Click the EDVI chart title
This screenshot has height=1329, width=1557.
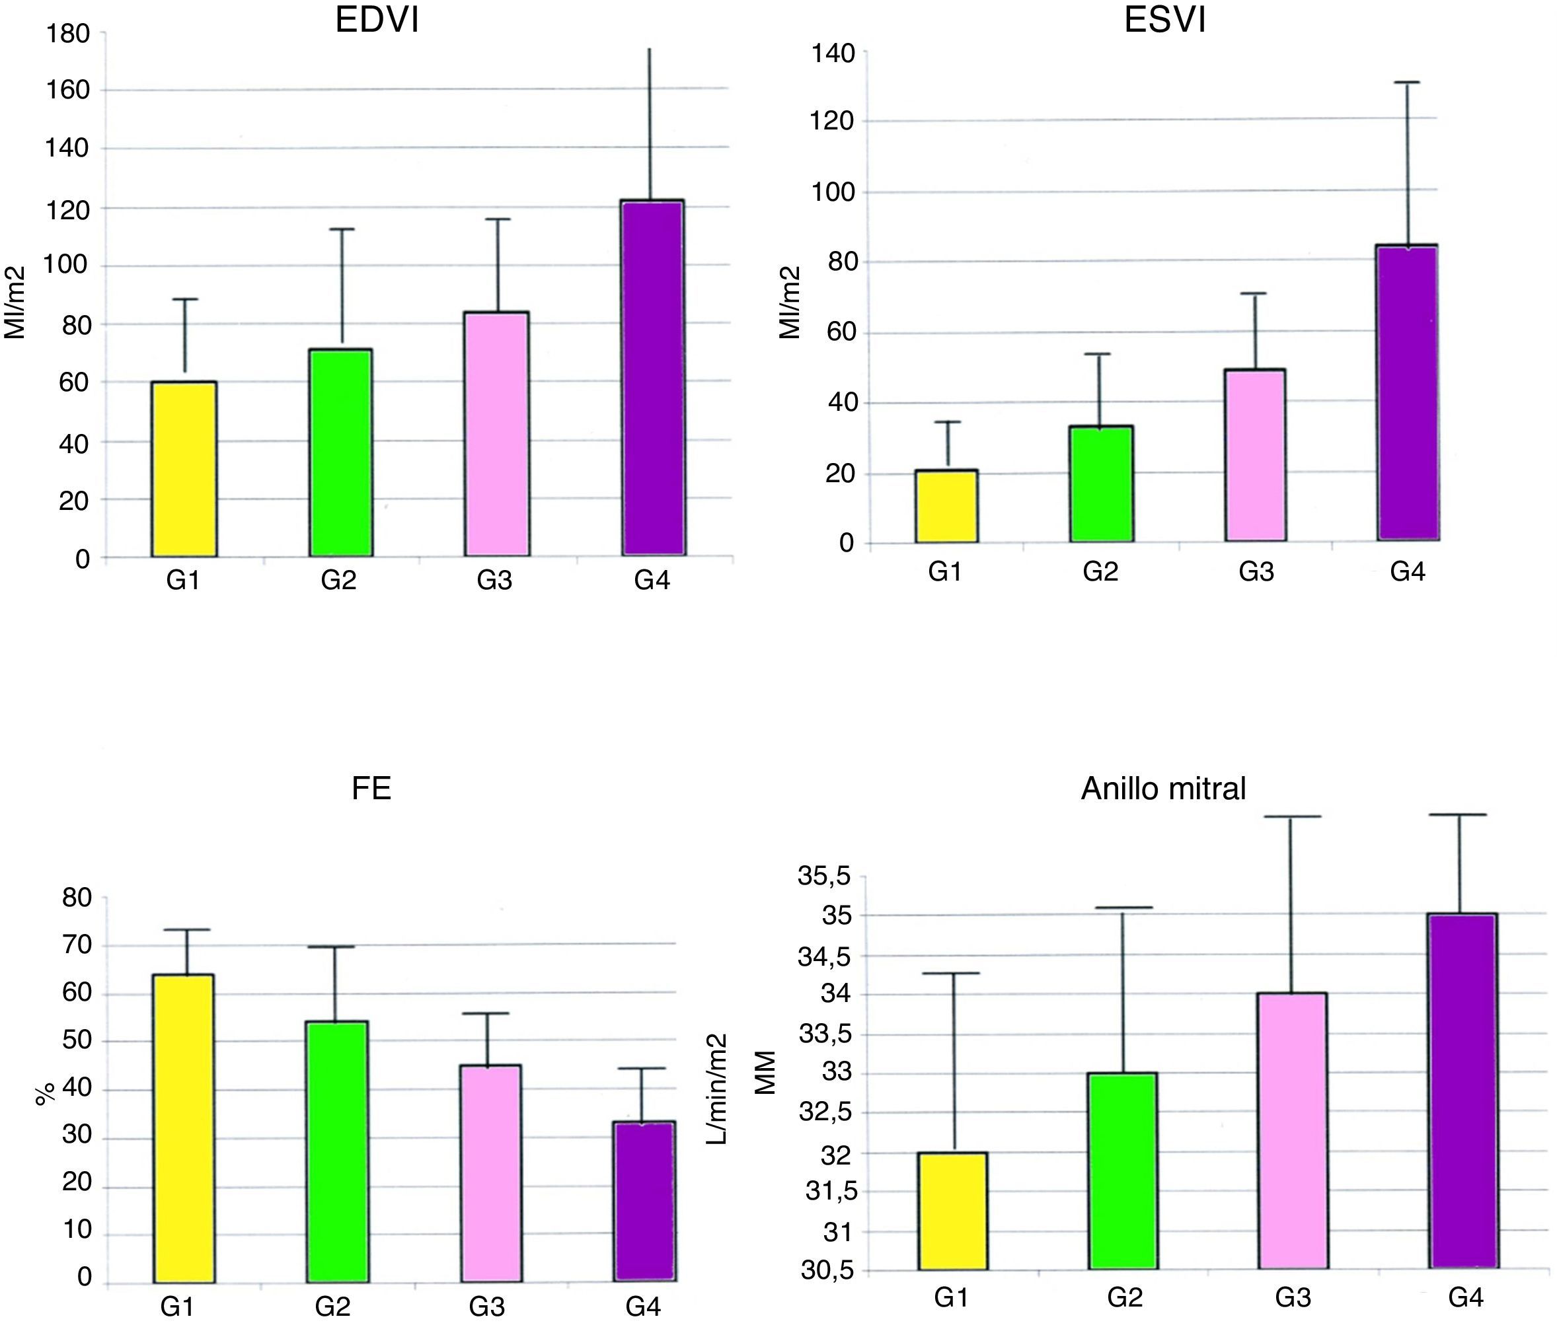pos(377,20)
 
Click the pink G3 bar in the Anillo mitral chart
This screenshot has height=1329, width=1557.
pos(1293,1130)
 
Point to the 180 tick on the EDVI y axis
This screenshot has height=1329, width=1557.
pos(67,33)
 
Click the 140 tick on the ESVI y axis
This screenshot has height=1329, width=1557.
pos(832,54)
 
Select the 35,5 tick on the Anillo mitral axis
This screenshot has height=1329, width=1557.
pos(823,875)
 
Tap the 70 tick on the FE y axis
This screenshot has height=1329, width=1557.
pos(77,945)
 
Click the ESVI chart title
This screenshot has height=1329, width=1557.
pos(1164,20)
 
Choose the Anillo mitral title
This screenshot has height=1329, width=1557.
pos(1163,789)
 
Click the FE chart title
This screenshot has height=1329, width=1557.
pos(371,789)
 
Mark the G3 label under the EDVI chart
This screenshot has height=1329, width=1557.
pos(494,580)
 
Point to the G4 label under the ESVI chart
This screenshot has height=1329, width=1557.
pos(1408,573)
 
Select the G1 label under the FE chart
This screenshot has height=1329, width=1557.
pos(177,1307)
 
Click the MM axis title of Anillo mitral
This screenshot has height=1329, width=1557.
pos(765,1072)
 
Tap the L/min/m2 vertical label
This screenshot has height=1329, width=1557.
pos(718,1089)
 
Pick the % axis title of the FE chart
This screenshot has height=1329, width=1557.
pos(45,1094)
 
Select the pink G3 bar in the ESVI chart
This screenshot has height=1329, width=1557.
pos(1255,455)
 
